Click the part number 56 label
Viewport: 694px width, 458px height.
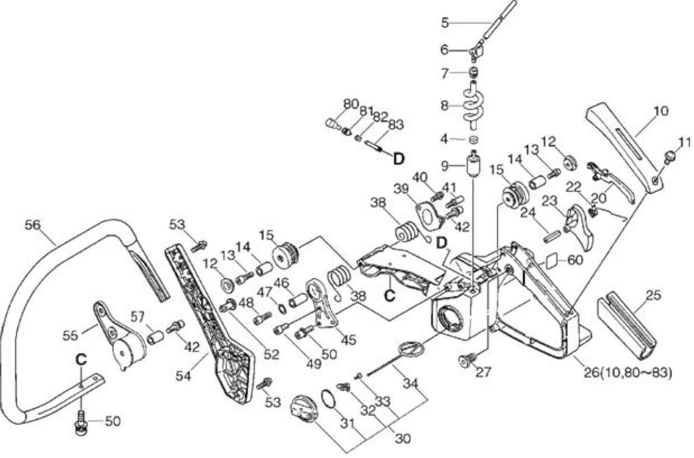pos(33,225)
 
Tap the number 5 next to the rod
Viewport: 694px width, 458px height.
pos(445,23)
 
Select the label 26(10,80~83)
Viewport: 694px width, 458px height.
pos(628,373)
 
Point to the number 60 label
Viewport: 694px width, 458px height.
pos(575,260)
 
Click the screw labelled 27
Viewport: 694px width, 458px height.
pos(467,360)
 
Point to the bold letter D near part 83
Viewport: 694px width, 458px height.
pos(399,159)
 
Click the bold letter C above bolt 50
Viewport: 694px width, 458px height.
pos(81,359)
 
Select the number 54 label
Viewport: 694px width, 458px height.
pos(183,376)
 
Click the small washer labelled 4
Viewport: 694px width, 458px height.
pos(473,140)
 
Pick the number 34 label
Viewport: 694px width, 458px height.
pos(411,384)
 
